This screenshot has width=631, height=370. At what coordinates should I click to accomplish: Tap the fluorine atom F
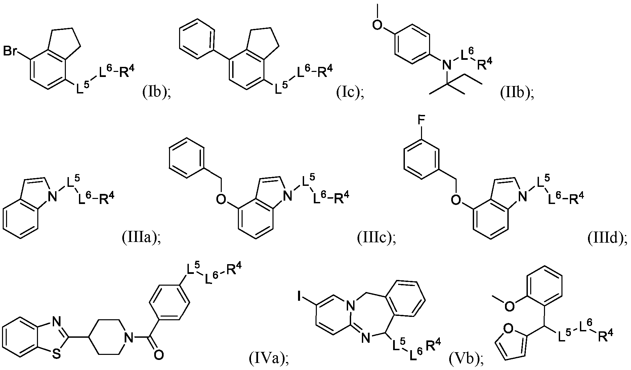(421, 131)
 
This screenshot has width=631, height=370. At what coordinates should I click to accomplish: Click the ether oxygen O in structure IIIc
(221, 200)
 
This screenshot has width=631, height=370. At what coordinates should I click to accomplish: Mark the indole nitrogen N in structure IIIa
(52, 198)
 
